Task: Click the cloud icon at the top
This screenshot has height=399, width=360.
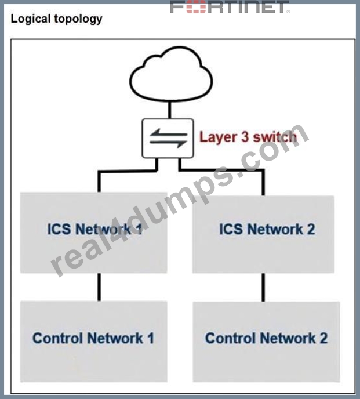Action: pyautogui.click(x=171, y=74)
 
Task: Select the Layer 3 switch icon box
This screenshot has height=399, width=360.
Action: pyautogui.click(x=168, y=138)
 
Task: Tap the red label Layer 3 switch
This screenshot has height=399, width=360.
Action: pyautogui.click(x=248, y=137)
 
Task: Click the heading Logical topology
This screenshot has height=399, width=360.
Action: pyautogui.click(x=56, y=19)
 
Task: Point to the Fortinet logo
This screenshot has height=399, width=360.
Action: pyautogui.click(x=230, y=7)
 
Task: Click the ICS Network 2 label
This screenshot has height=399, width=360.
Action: pyautogui.click(x=267, y=229)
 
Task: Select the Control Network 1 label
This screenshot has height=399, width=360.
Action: pyautogui.click(x=93, y=338)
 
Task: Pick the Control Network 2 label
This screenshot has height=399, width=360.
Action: pyautogui.click(x=266, y=338)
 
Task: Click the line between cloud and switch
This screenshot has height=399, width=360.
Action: pyautogui.click(x=170, y=110)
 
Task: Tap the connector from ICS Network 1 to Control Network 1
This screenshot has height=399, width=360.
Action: pyautogui.click(x=99, y=287)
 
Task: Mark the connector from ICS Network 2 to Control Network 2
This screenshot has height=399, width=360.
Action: pyautogui.click(x=263, y=287)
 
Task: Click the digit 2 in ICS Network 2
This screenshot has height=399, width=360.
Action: pyautogui.click(x=311, y=229)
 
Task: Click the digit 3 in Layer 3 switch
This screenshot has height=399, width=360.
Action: pyautogui.click(x=245, y=137)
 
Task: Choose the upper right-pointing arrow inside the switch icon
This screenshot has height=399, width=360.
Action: pyautogui.click(x=169, y=133)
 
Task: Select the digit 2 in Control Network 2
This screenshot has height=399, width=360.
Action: pyautogui.click(x=323, y=338)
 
